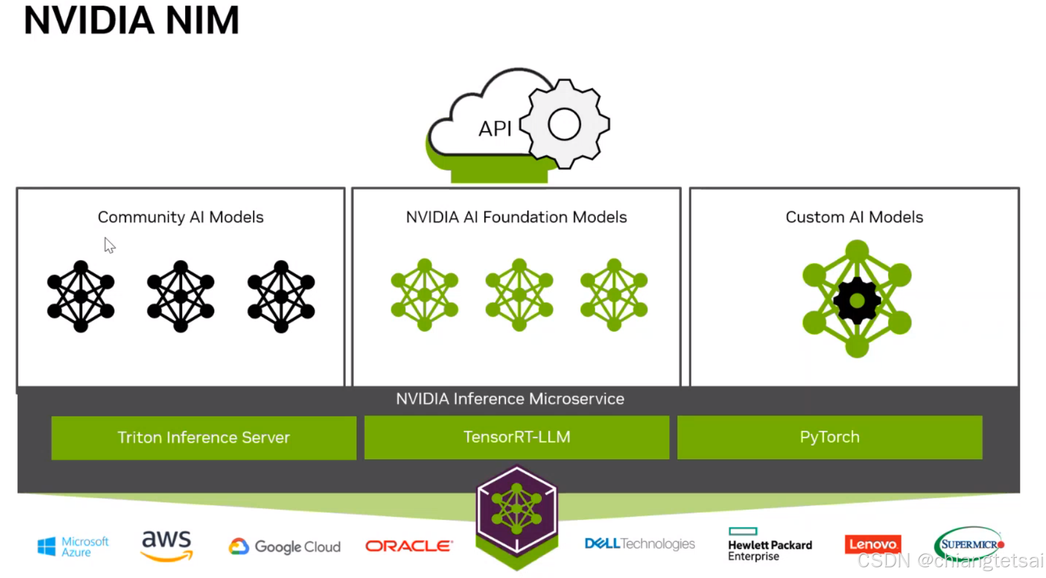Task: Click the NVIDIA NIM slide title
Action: click(x=131, y=21)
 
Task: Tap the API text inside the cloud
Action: click(x=495, y=129)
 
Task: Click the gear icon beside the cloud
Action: click(x=564, y=124)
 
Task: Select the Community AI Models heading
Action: click(x=181, y=217)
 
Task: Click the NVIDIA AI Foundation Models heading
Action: click(x=516, y=217)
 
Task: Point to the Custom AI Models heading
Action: click(x=854, y=217)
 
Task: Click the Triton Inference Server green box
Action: click(x=204, y=438)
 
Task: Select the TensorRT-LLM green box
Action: click(x=517, y=437)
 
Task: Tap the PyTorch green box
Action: click(x=829, y=437)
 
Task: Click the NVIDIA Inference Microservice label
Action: click(x=510, y=399)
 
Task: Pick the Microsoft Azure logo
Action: click(x=73, y=547)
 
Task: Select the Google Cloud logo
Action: click(x=285, y=547)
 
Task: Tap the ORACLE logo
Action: click(x=409, y=546)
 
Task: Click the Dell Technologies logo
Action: click(x=639, y=544)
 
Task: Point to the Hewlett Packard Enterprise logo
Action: click(x=769, y=545)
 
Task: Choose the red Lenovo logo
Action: click(x=872, y=544)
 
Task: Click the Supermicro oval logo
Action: click(x=968, y=544)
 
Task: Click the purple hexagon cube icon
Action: click(x=517, y=511)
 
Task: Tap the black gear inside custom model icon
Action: click(x=857, y=301)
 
